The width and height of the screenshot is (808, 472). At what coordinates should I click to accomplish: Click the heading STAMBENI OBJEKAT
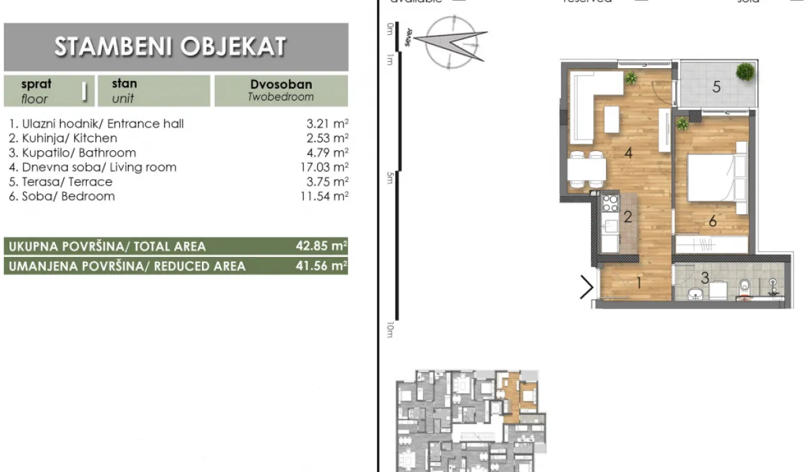click(170, 47)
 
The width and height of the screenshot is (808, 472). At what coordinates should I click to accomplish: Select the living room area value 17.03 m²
click(327, 167)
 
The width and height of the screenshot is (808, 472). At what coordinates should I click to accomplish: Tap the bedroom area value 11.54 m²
click(327, 196)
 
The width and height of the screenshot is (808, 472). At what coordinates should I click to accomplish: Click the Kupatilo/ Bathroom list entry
click(73, 153)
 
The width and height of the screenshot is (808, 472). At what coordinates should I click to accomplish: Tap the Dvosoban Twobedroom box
click(281, 90)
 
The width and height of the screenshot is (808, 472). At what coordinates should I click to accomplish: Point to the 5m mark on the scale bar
click(390, 178)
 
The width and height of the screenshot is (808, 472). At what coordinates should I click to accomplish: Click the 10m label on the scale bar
click(390, 330)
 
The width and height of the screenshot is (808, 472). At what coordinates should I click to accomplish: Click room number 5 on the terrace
click(717, 86)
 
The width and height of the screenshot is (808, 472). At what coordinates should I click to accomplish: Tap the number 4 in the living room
click(628, 153)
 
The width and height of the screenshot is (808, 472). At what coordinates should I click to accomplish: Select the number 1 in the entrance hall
click(638, 284)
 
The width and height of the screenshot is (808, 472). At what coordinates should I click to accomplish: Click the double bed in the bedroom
click(715, 177)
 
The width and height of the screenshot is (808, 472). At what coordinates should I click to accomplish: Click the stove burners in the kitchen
click(610, 203)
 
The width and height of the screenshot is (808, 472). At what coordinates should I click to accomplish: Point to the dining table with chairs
click(585, 169)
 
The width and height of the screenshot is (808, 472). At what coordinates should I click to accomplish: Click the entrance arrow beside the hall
click(587, 288)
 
